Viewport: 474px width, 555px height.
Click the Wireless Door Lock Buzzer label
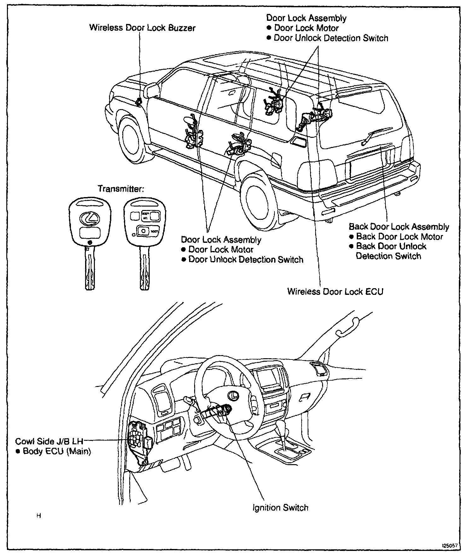[142, 28]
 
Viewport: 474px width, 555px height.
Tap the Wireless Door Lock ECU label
[335, 292]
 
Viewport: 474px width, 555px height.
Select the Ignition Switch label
[280, 508]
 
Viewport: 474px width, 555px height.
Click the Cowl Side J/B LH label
[49, 441]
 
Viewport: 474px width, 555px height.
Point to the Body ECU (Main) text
[57, 451]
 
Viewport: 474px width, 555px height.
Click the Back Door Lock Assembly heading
[399, 227]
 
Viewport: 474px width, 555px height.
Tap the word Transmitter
[121, 189]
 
